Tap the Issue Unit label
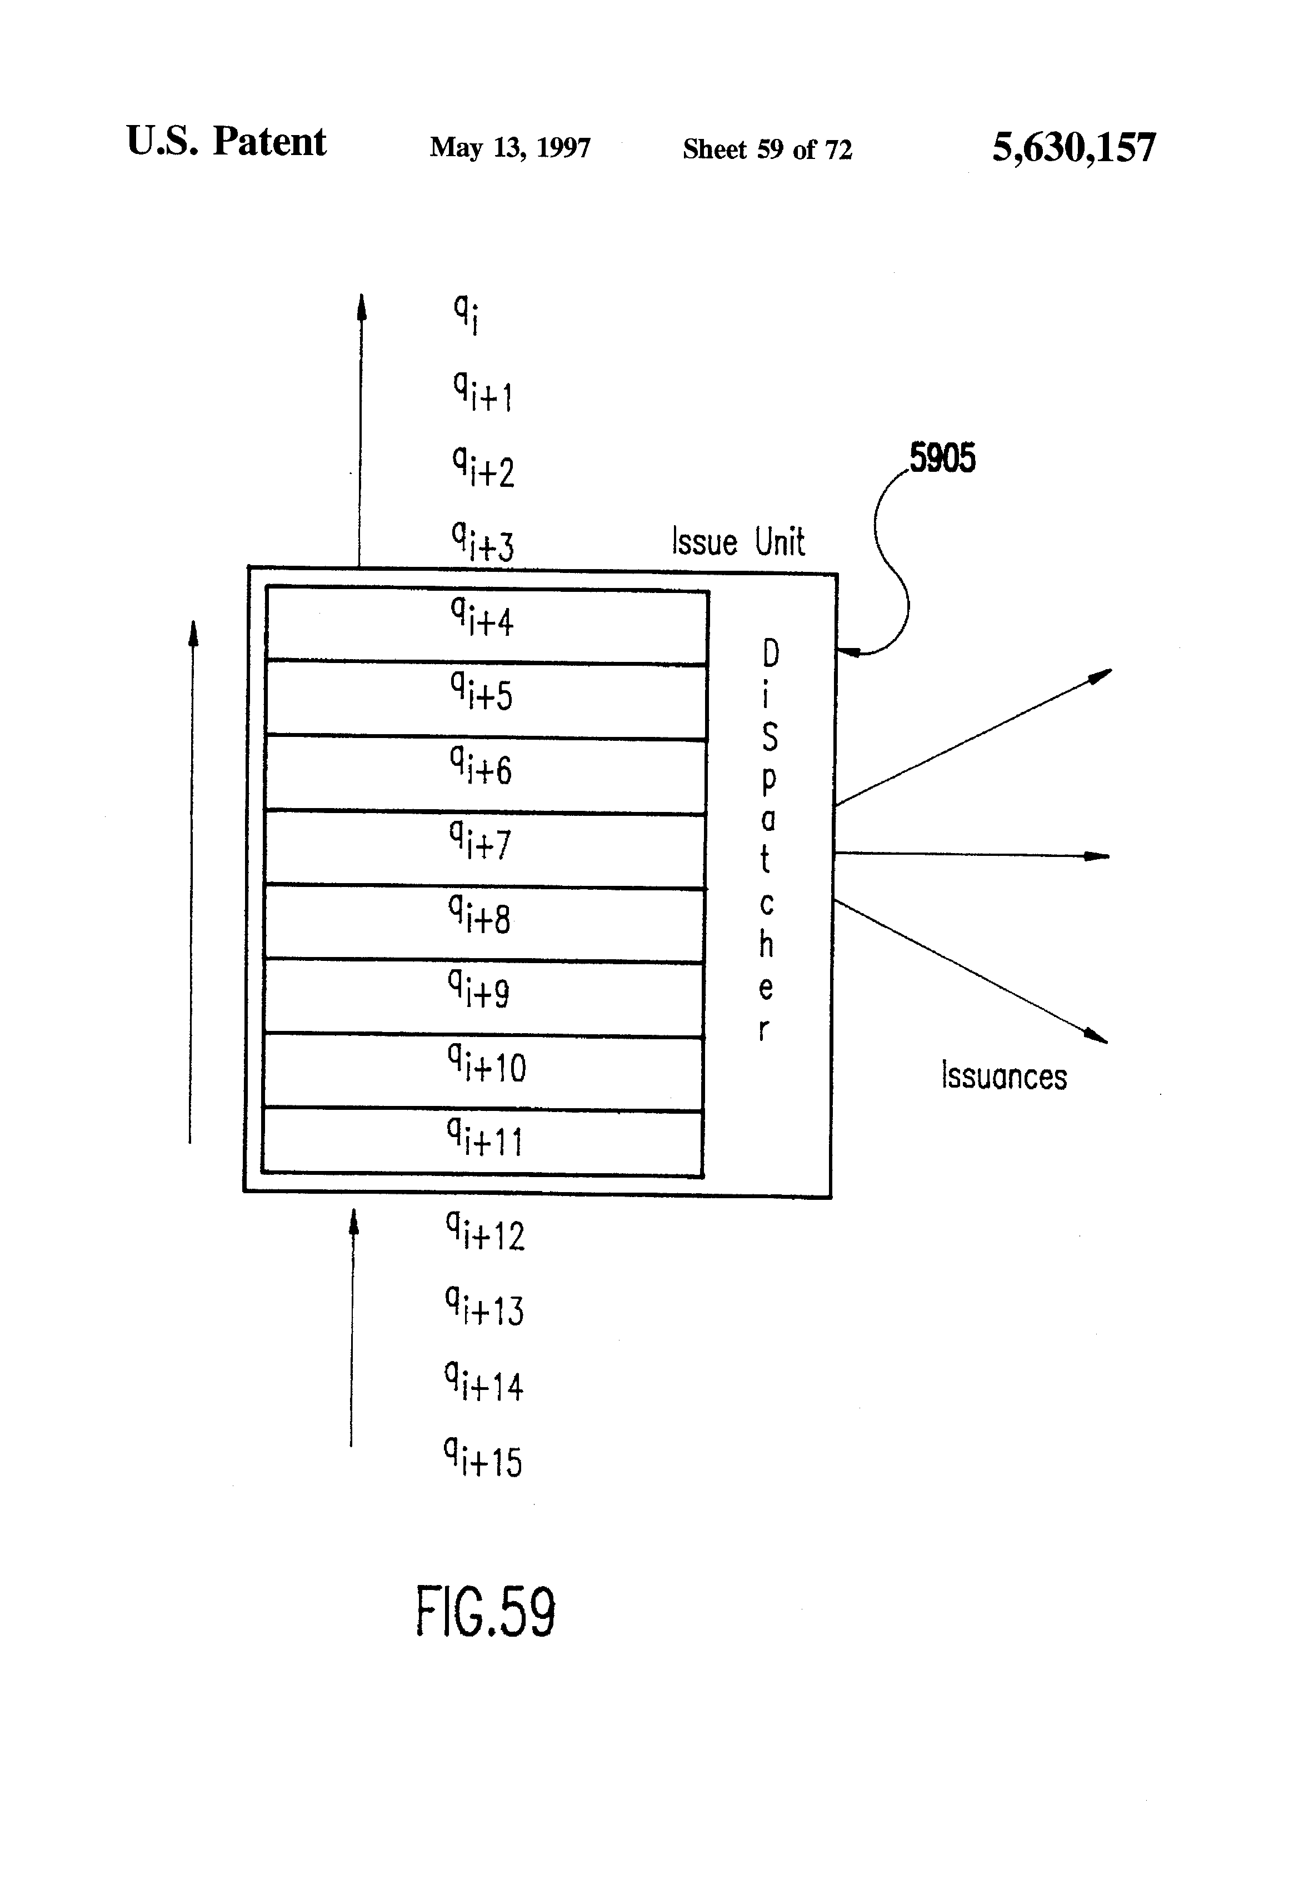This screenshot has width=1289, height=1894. coord(738,541)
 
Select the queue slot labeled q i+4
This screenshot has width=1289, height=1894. coord(486,625)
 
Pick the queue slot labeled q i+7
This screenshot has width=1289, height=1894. coord(485,849)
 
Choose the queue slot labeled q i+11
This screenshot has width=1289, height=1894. coord(482,1142)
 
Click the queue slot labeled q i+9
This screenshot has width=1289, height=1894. coord(484,998)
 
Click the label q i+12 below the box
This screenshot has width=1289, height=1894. coord(485,1232)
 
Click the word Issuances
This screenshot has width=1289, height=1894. coord(1004,1076)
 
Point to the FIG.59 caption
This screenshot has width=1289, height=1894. coord(486,1611)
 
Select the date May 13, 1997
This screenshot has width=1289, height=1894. coord(510,147)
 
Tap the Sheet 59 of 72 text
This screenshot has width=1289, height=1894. coord(767,149)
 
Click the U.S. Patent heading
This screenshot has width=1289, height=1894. coord(227,141)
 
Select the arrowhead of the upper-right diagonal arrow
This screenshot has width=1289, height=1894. coord(1101,675)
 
